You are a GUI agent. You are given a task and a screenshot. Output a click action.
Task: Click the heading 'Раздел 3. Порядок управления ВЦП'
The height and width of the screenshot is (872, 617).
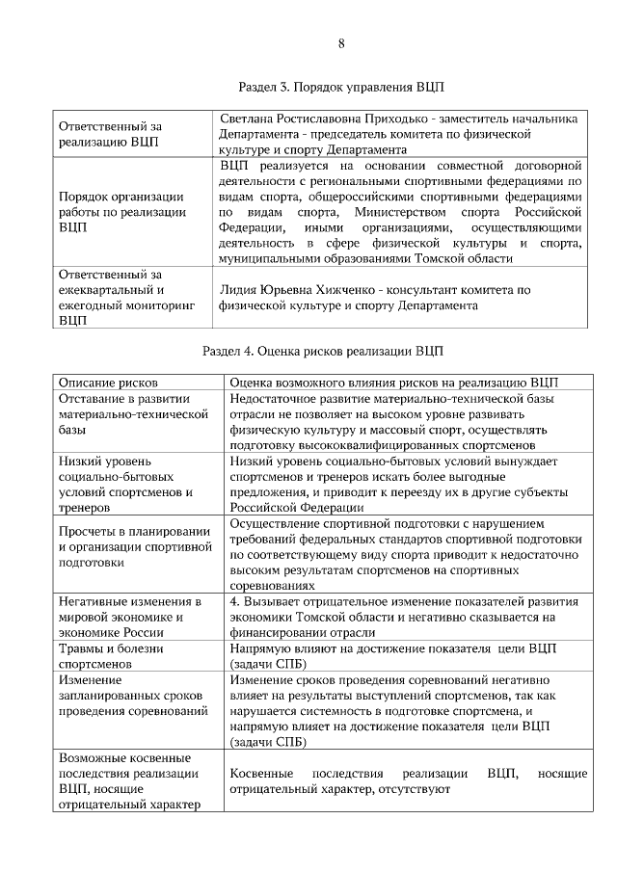(341, 87)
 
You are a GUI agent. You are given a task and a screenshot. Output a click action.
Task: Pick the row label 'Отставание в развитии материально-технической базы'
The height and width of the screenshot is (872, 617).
(134, 413)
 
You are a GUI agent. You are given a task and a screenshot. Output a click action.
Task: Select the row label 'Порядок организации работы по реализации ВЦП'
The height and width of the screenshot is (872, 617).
(121, 211)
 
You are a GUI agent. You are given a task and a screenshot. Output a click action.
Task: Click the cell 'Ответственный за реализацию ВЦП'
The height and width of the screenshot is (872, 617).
(110, 134)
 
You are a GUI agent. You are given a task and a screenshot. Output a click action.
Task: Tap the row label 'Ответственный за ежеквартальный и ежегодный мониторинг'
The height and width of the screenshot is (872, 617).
(126, 298)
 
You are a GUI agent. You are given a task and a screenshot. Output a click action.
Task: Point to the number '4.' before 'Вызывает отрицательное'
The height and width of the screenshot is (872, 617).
(235, 601)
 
